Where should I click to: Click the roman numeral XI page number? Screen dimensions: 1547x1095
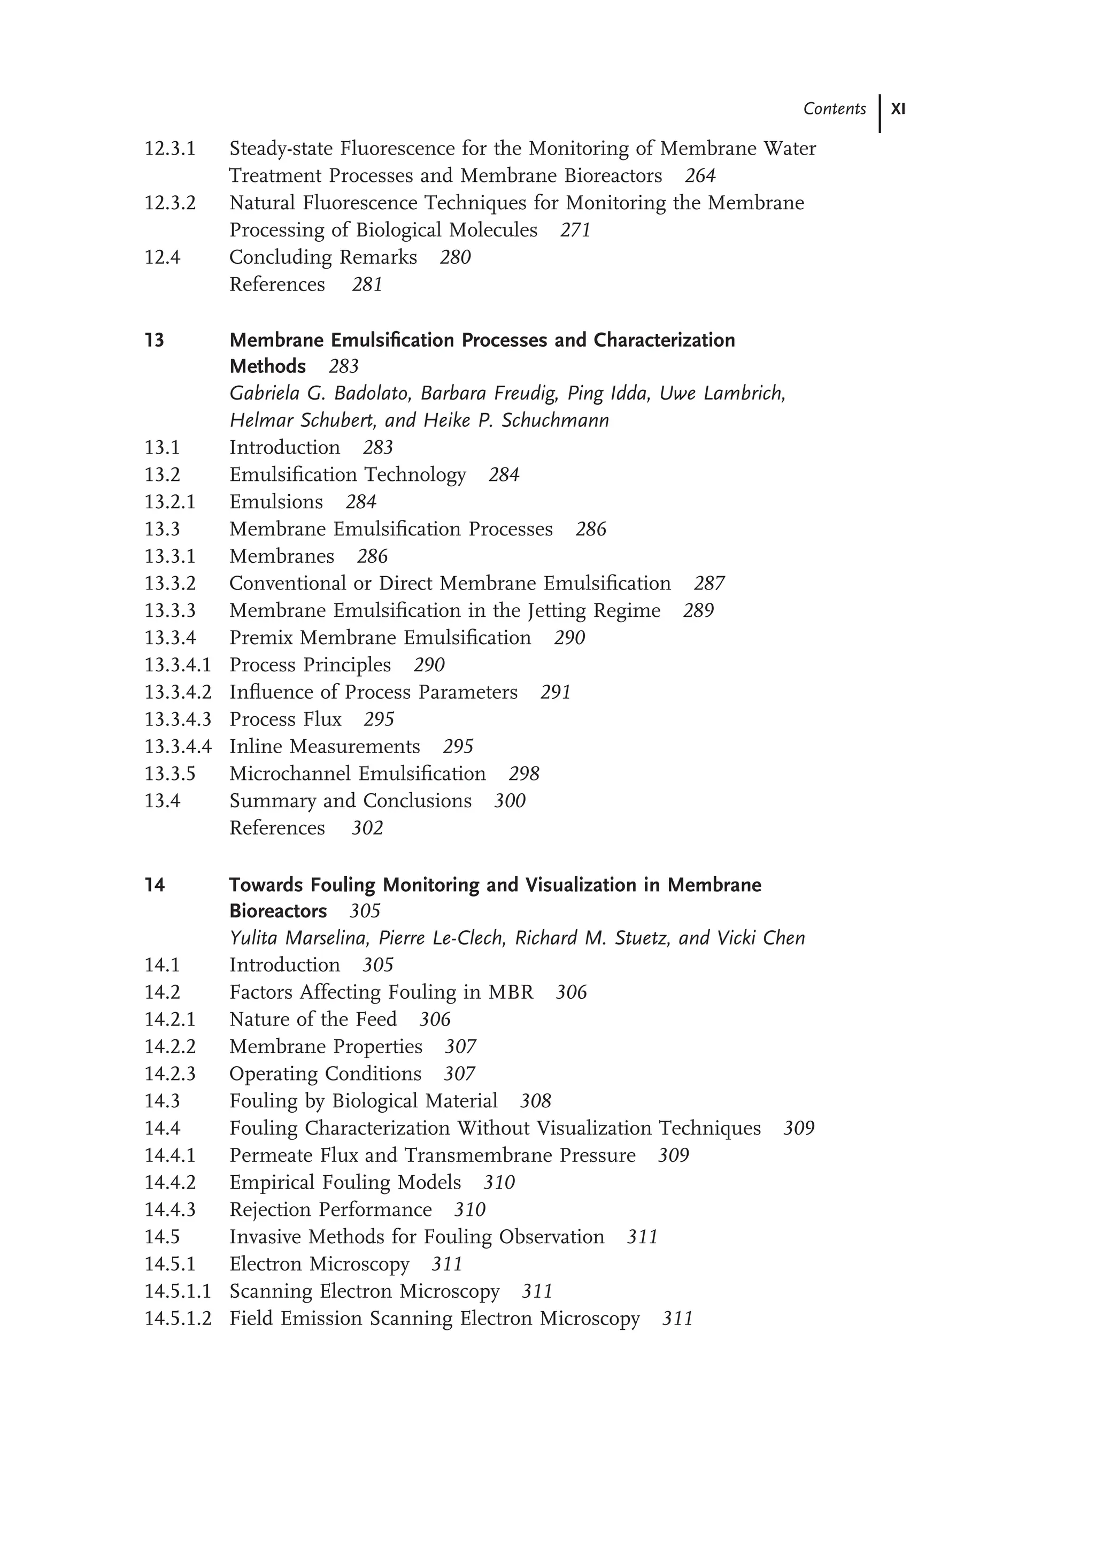click(898, 109)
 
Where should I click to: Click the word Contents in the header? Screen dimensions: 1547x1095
click(834, 109)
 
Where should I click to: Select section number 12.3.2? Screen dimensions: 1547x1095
click(170, 203)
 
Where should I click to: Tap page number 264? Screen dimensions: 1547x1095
click(700, 176)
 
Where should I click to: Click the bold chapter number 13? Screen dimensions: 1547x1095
click(155, 340)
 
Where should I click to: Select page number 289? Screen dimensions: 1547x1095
click(698, 610)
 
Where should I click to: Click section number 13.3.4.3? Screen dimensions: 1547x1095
click(178, 719)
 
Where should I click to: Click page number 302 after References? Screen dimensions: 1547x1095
click(367, 829)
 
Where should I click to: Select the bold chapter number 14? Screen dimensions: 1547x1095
click(155, 885)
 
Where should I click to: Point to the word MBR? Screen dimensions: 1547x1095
click(511, 992)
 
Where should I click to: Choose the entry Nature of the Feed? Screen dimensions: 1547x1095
click(313, 1020)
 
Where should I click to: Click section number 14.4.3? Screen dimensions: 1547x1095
click(170, 1209)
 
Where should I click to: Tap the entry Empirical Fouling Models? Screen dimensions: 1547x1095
click(345, 1183)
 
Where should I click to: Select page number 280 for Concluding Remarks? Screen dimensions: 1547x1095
click(454, 258)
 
